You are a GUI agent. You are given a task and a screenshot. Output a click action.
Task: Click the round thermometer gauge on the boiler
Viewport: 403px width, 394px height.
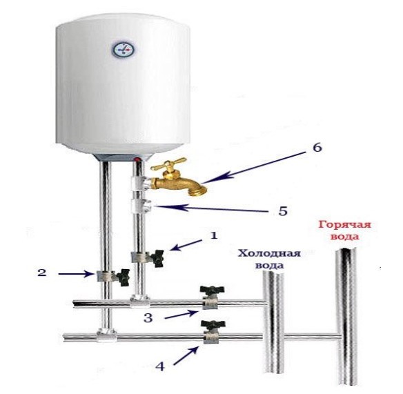pyautogui.click(x=124, y=50)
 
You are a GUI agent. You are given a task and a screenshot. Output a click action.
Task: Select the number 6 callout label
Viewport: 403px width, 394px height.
pyautogui.click(x=317, y=148)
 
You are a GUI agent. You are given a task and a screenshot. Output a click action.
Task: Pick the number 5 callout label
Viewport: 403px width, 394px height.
pyautogui.click(x=283, y=211)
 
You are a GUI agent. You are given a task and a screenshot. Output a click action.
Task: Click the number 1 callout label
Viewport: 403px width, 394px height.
pyautogui.click(x=214, y=235)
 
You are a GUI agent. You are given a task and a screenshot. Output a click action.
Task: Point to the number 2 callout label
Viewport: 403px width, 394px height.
pyautogui.click(x=42, y=272)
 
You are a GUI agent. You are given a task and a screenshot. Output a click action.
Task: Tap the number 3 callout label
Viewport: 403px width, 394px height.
pyautogui.click(x=148, y=318)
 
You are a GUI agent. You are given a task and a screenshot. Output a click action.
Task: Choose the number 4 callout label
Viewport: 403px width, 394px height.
pyautogui.click(x=160, y=366)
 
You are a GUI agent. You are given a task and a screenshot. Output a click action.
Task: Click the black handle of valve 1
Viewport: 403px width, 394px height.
pyautogui.click(x=157, y=258)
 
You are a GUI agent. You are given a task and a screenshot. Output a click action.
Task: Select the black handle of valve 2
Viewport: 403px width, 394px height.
pyautogui.click(x=123, y=277)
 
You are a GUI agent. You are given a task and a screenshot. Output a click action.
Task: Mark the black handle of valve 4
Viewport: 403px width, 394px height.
pyautogui.click(x=213, y=324)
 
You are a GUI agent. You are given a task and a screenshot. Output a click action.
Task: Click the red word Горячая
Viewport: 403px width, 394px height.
pyautogui.click(x=345, y=226)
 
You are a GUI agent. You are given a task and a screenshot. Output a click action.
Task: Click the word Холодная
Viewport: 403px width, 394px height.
pyautogui.click(x=269, y=253)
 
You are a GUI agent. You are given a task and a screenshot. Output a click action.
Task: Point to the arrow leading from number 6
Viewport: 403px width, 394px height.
pyautogui.click(x=253, y=167)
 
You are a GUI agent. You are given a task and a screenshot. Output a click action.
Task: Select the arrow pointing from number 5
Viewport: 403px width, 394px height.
pyautogui.click(x=210, y=208)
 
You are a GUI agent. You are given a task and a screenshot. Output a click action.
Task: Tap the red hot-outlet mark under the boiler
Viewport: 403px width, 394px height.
pyautogui.click(x=139, y=160)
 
